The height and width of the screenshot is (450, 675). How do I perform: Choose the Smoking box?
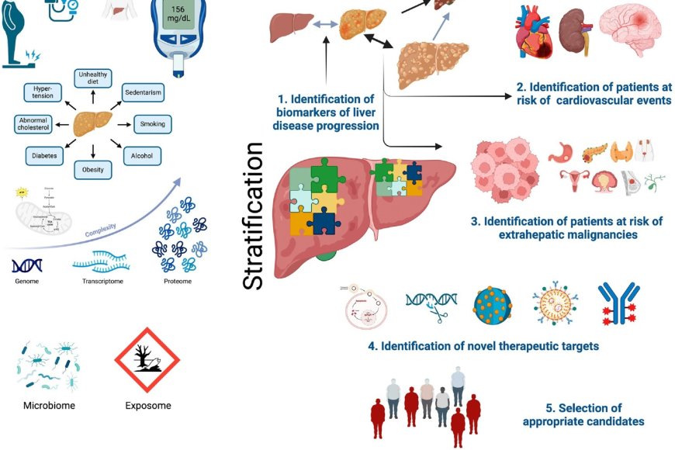(152, 124)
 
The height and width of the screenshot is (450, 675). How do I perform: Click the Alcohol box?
(141, 156)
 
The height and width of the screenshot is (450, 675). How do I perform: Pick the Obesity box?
(94, 170)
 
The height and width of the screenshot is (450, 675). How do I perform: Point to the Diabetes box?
(44, 156)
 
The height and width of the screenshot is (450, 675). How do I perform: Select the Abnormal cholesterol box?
(38, 124)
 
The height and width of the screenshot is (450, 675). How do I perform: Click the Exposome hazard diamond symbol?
(147, 359)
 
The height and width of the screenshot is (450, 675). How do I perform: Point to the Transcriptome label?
(100, 281)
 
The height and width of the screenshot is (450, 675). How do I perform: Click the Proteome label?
(177, 281)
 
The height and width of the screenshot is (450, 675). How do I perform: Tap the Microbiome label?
(48, 405)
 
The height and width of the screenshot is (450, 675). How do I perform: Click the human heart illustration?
(533, 34)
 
